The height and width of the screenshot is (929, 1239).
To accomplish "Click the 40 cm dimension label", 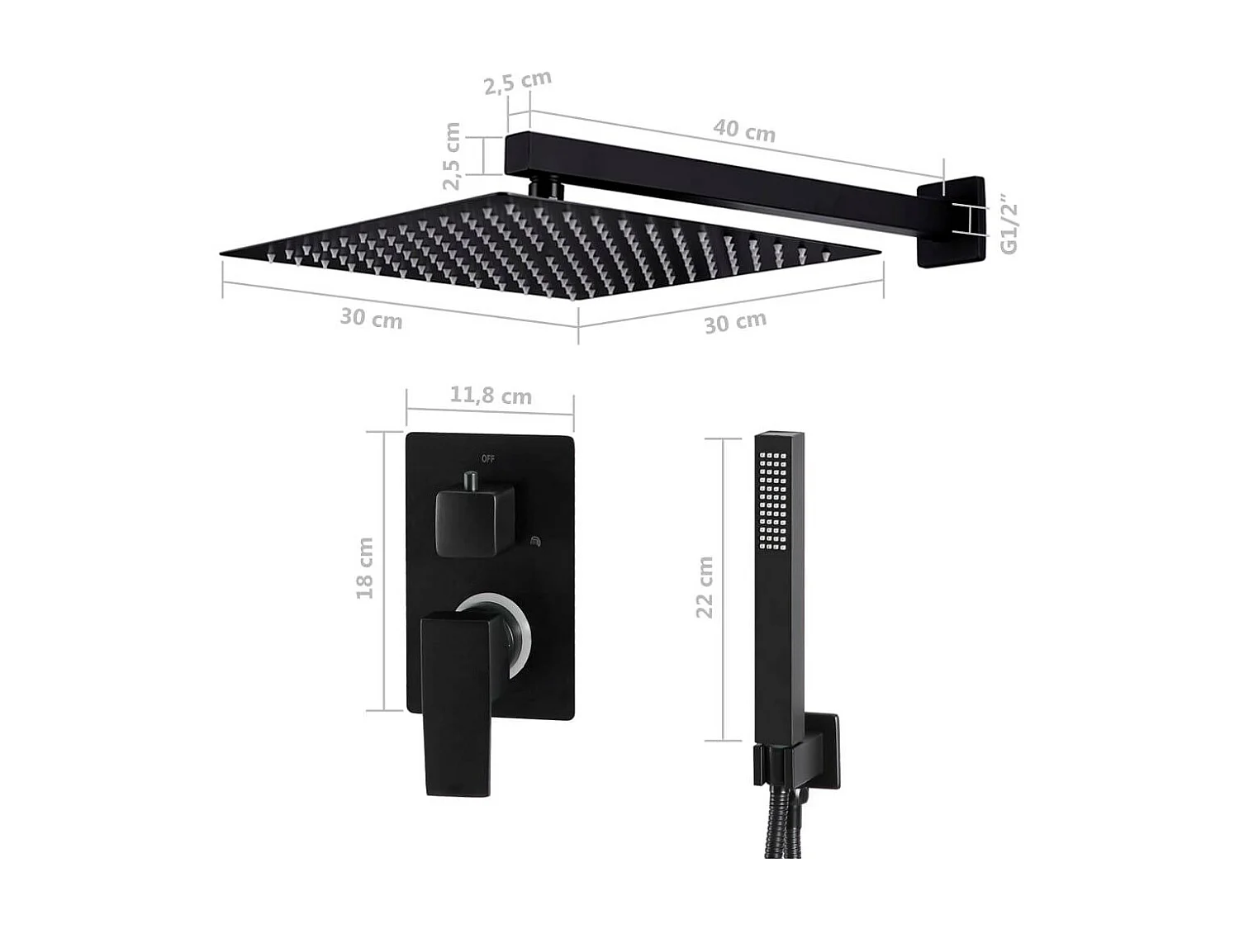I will pos(744,130).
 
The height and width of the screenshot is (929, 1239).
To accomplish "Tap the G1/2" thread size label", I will pos(1009,225).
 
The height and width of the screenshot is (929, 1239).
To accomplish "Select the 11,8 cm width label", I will pos(490,396).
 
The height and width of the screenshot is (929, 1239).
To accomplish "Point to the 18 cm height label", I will pos(364,568).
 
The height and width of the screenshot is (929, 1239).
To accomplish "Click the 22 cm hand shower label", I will pos(704,587).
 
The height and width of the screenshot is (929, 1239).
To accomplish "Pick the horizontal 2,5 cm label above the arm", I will pos(517,82).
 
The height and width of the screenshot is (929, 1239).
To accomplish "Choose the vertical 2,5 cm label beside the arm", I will pos(451,156).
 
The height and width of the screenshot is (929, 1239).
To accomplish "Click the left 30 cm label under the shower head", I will pos(371,318).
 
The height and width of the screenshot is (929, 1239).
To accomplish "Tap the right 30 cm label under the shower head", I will pos(735,322).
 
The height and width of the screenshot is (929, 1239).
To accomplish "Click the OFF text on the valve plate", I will pos(488,458).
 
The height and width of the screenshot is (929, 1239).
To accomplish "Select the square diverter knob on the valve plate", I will pos(475,521).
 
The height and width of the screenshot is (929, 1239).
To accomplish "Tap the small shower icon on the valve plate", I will pos(534,542).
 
